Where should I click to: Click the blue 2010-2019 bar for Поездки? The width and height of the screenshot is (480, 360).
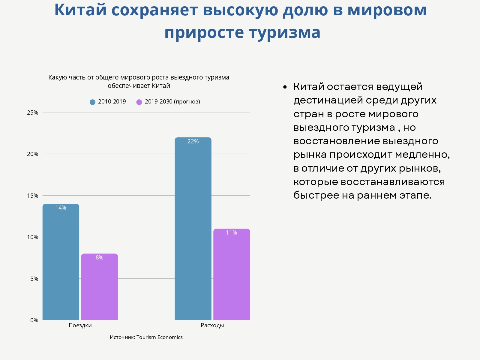61,264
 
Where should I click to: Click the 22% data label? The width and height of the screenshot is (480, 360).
193,142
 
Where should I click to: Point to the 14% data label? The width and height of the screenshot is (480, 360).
61,208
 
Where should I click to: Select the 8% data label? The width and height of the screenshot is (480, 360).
99,258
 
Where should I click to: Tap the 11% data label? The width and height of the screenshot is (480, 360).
232,233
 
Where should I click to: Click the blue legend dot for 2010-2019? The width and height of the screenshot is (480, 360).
92,102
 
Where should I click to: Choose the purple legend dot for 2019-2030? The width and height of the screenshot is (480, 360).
139,102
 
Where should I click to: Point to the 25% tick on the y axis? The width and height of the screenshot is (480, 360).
33,113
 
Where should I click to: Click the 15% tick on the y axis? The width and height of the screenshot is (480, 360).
33,196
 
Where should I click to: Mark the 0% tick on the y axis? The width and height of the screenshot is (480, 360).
34,320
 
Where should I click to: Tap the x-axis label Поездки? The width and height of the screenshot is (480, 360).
80,325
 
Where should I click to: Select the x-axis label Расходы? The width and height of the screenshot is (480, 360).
212,325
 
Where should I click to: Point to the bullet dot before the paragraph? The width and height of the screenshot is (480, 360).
285,87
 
